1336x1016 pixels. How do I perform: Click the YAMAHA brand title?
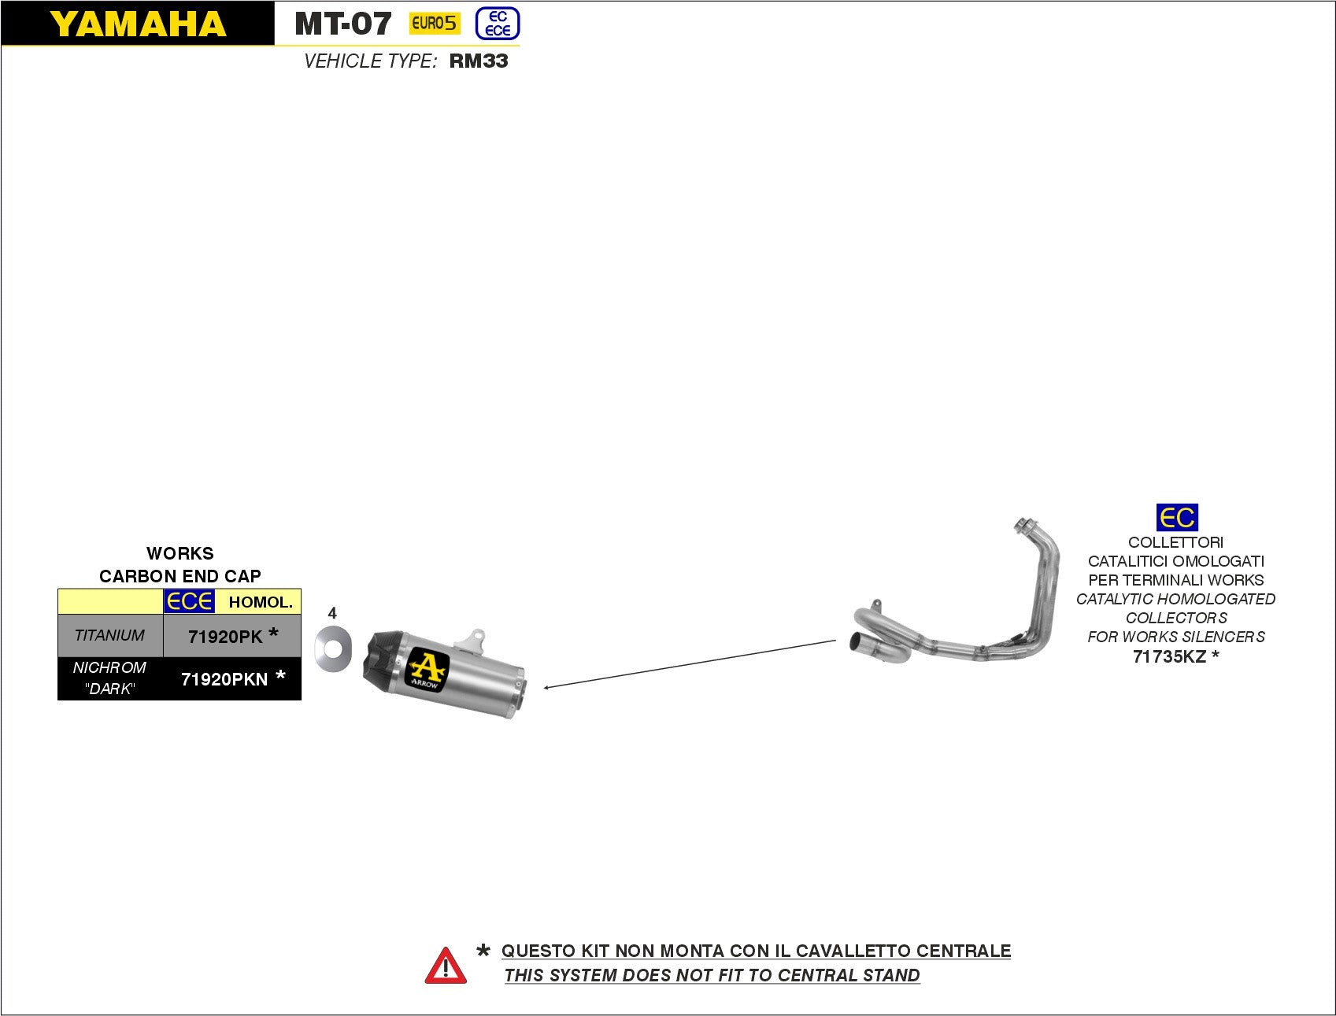point(138,24)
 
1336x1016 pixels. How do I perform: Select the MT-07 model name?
point(342,24)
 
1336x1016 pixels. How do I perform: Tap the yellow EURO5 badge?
point(434,24)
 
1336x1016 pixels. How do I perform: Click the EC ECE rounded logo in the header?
point(498,24)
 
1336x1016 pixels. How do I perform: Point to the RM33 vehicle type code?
point(479,61)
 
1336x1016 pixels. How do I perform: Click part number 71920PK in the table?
point(225,637)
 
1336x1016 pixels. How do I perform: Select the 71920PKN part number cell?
point(224,679)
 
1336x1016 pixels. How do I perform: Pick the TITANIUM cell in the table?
point(109,636)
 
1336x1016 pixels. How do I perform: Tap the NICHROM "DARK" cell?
point(109,678)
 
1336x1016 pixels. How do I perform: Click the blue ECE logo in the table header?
point(189,602)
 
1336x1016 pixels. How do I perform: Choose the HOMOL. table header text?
point(260,603)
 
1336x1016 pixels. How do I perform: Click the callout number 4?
point(332,613)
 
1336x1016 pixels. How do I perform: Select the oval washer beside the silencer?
point(332,649)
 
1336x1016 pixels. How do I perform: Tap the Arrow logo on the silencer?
point(427,671)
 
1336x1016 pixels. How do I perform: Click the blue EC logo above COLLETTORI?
point(1177,518)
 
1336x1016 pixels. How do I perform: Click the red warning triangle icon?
point(446,966)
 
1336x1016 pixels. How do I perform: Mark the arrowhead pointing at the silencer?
point(546,688)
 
